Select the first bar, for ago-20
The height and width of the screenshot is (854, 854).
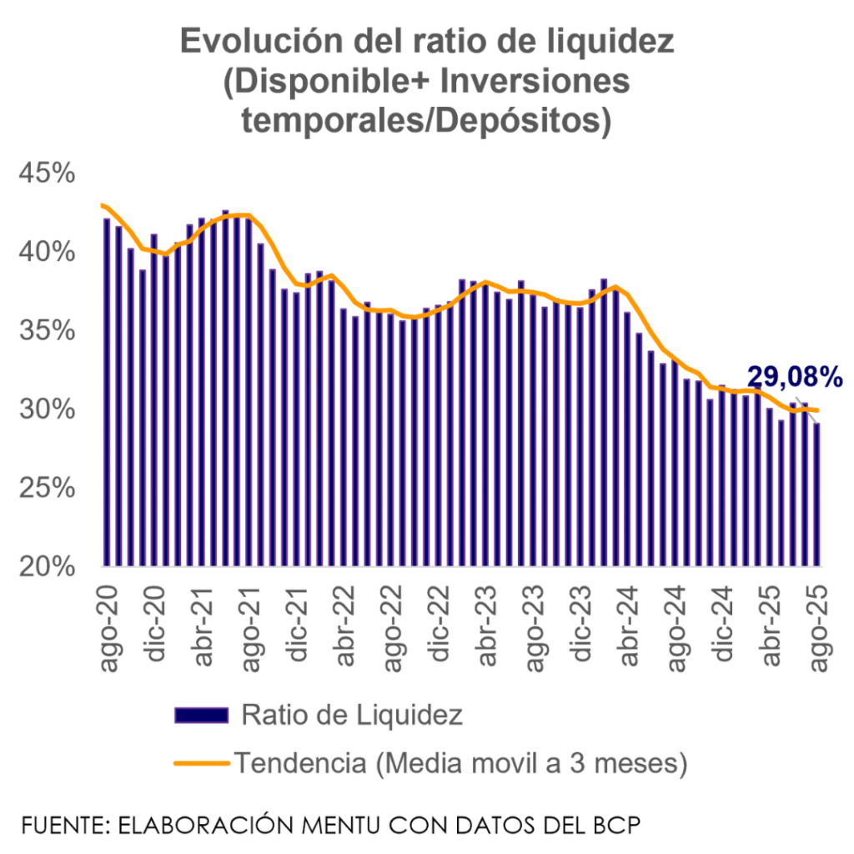tap(106, 392)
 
